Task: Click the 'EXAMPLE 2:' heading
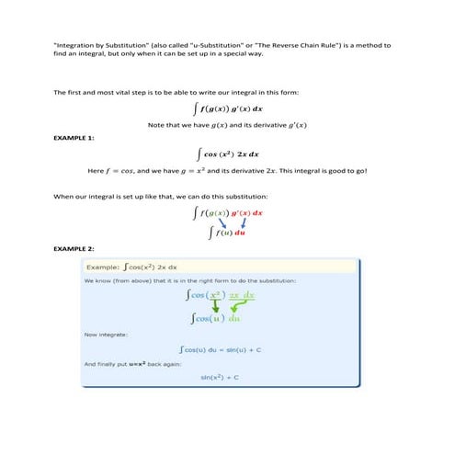pos(74,249)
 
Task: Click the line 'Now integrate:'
pos(105,335)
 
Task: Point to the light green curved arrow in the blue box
pos(241,308)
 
